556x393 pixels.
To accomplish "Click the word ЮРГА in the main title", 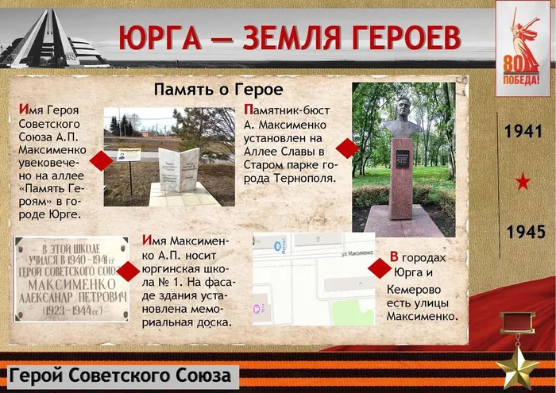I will [x=156, y=38].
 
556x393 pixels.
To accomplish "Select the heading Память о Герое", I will [x=218, y=89].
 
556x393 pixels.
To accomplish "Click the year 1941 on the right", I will [x=523, y=132].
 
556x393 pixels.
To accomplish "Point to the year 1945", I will [x=525, y=232].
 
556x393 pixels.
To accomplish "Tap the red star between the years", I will [x=523, y=183].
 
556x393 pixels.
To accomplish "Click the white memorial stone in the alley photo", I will [x=178, y=168].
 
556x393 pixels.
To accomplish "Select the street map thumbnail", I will [x=313, y=279].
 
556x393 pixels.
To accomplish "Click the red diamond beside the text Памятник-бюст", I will [x=346, y=148].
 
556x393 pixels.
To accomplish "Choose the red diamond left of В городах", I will [x=379, y=268].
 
